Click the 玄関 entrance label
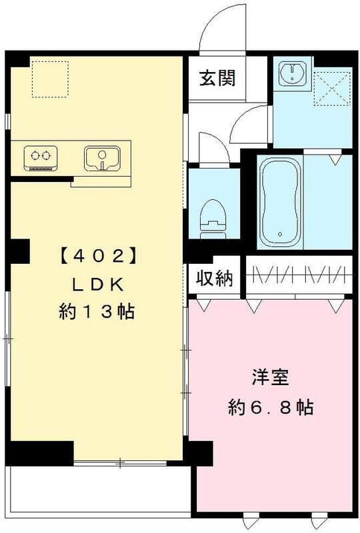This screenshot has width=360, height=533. pyautogui.click(x=217, y=78)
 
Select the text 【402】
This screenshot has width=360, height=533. pyautogui.click(x=98, y=255)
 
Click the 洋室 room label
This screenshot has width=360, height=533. pyautogui.click(x=270, y=378)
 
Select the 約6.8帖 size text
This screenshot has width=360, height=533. pyautogui.click(x=270, y=407)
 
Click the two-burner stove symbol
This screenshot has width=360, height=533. pyautogui.click(x=39, y=158)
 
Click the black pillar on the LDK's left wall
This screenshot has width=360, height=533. pyautogui.click(x=19, y=251)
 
